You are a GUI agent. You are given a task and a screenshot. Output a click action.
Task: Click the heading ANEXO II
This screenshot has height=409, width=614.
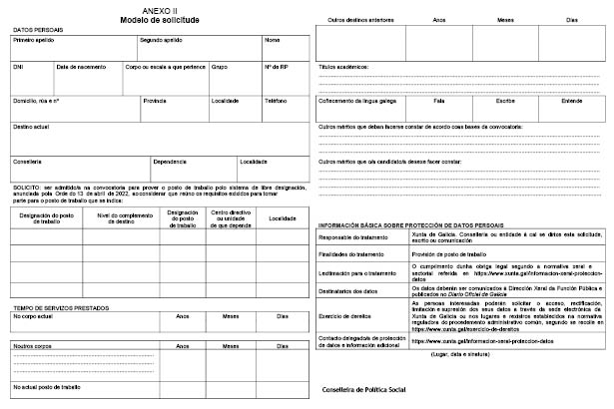160,8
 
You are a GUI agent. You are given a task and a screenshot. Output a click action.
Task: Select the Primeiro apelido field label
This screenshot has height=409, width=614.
33,42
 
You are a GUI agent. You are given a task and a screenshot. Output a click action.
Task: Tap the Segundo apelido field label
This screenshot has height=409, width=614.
162,42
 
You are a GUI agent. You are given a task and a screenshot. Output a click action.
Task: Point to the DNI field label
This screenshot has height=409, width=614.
18,67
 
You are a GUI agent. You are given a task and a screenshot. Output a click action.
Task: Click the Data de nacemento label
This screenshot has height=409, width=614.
80,67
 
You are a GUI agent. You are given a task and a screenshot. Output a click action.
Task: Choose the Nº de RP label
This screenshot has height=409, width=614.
276,67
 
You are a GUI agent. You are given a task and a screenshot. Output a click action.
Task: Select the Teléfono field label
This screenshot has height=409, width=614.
276,101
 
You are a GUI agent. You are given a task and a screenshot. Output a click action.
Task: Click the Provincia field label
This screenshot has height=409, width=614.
155,101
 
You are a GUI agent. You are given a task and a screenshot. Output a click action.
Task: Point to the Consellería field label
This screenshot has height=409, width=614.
27,161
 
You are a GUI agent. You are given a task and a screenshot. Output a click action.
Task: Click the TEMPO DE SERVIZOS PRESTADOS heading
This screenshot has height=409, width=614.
63,306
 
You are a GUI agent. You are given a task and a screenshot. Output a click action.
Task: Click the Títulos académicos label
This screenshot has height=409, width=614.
343,67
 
